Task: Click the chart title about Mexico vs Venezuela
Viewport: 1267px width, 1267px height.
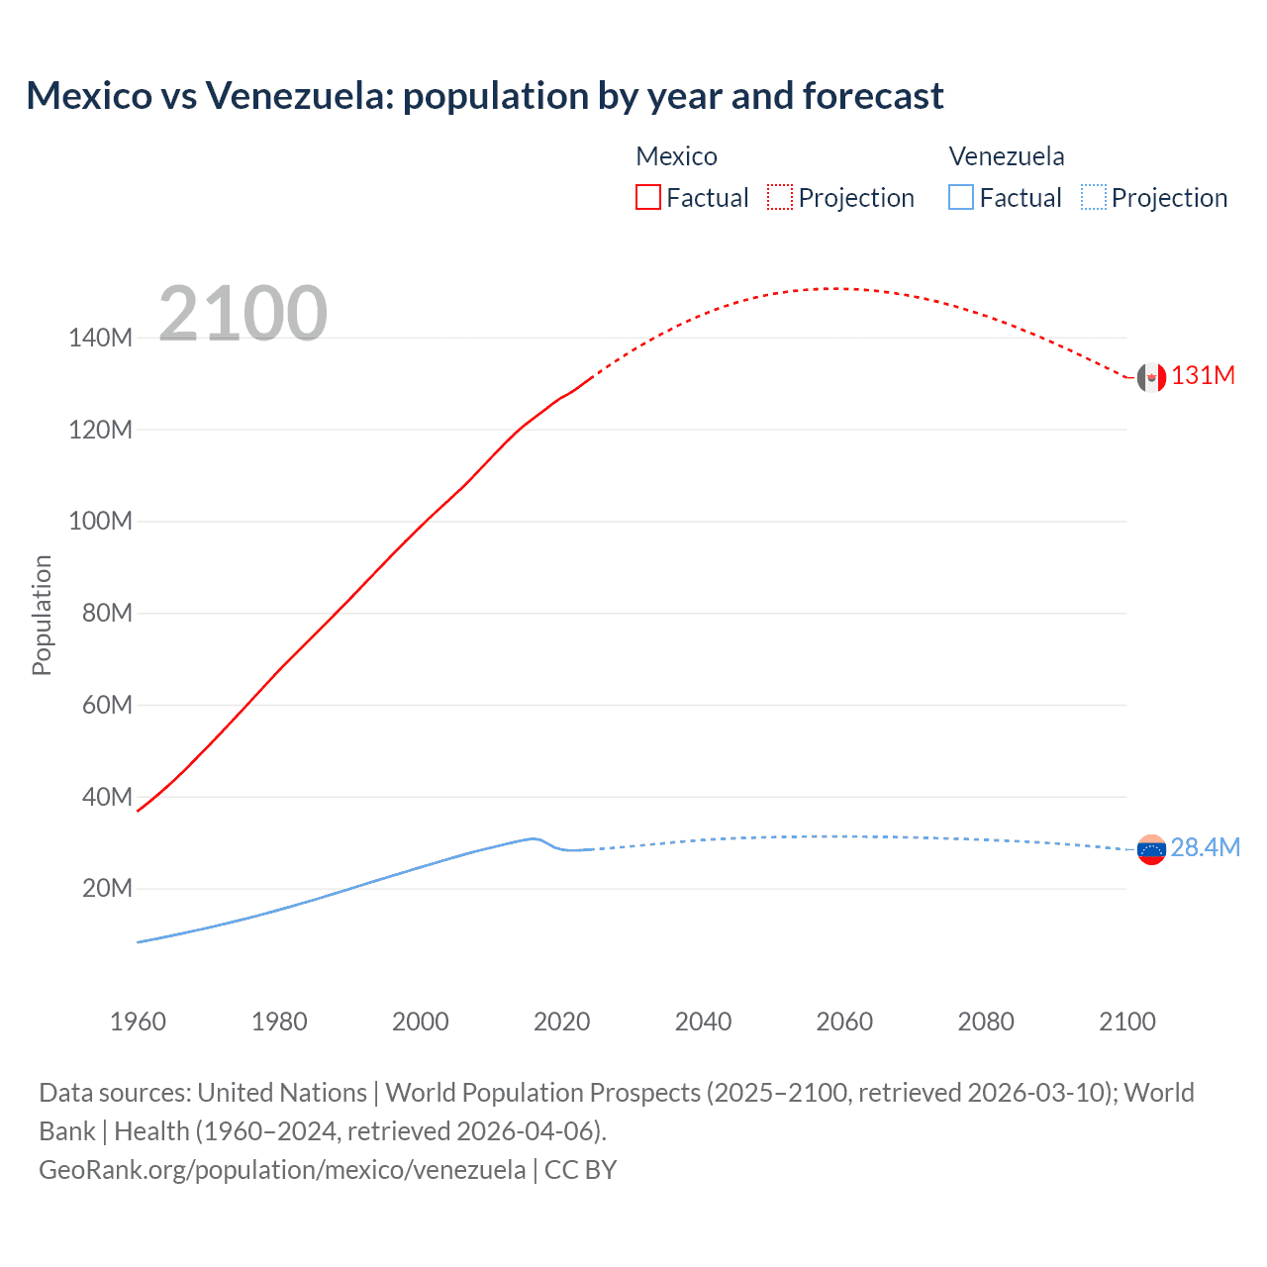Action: point(484,96)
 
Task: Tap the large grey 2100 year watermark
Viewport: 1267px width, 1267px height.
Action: point(243,314)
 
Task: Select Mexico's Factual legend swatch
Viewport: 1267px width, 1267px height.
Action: point(647,197)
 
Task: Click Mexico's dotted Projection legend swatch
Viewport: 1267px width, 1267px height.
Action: point(780,197)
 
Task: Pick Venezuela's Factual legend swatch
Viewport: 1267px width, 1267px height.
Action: point(960,197)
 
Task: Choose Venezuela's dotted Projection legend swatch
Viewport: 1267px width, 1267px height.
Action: point(1093,197)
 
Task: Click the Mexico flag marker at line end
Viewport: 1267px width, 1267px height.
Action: point(1150,377)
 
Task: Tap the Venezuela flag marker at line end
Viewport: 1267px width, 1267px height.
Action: point(1151,849)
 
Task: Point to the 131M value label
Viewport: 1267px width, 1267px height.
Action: point(1203,376)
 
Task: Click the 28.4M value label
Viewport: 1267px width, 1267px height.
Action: point(1205,848)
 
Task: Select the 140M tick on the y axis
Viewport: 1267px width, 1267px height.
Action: point(100,339)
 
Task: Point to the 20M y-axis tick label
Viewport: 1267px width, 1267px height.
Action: point(107,889)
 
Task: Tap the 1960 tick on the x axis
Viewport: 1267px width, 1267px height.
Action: point(138,1022)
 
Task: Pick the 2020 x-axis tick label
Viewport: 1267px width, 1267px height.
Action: point(561,1022)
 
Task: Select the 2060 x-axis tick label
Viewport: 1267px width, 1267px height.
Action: point(844,1022)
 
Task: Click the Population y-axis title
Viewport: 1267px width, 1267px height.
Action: point(42,615)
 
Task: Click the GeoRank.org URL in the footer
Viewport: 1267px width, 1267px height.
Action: point(282,1170)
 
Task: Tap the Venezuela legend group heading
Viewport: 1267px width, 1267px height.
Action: point(1006,156)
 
